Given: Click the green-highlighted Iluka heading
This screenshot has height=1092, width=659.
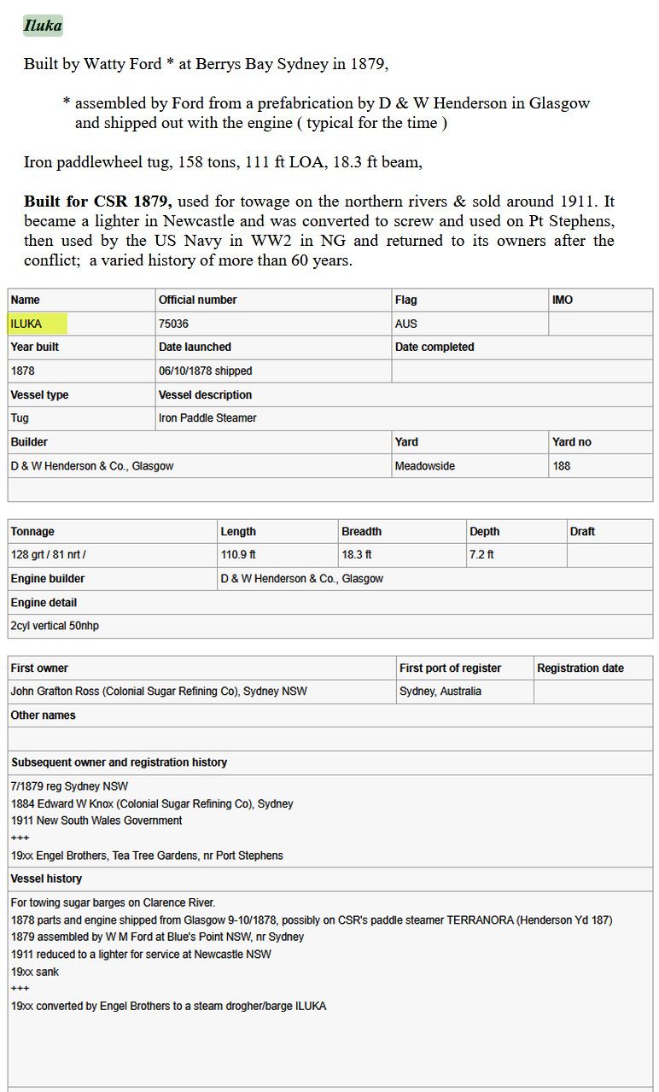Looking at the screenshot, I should pos(42,26).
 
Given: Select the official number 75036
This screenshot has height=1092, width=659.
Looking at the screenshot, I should pos(173,324).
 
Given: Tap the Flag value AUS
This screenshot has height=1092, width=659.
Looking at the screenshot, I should pos(405,324).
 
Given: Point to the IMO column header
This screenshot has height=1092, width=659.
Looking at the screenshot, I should pos(563,300).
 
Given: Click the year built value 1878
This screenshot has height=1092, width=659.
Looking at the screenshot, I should pos(23,371).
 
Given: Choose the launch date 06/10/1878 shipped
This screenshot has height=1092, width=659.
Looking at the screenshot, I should pos(205,371).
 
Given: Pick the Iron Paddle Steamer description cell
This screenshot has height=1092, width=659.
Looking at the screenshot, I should pos(207,418).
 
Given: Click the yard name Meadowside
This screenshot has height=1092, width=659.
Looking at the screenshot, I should pos(424,465).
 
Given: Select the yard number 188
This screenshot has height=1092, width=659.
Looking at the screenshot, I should pos(562,465).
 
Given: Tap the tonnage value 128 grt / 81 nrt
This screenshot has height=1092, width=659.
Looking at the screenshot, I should pos(48,554).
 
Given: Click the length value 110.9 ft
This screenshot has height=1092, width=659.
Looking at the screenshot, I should pos(238,554).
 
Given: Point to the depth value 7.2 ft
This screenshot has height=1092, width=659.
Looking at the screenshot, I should pos(481,554).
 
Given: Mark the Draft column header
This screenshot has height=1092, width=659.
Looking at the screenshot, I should pos(582,531).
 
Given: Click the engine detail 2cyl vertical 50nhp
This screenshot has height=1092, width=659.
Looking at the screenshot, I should pos(55,626).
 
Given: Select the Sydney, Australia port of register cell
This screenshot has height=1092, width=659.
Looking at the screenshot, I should pos(440,691).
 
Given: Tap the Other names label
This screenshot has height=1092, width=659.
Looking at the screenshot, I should pos(43,715).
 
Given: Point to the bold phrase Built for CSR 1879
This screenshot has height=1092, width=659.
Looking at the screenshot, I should pos(98,201).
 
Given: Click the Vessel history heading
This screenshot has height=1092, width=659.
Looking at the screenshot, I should pos(46,879).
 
